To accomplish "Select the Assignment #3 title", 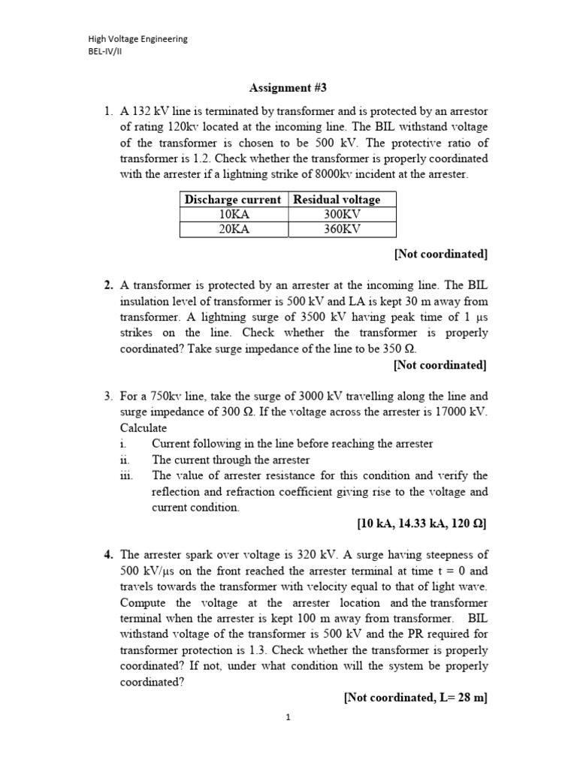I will (x=288, y=87).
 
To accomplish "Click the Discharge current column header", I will (x=234, y=199).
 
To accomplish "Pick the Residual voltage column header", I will (x=336, y=199).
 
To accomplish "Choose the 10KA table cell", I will (x=234, y=214).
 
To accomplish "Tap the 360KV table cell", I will (x=342, y=229).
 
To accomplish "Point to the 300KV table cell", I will (x=342, y=214).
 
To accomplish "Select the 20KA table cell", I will (x=234, y=229).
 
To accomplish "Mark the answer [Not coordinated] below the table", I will (x=440, y=254).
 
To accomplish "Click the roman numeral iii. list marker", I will (x=127, y=475).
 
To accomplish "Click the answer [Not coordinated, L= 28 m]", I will (x=415, y=698).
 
